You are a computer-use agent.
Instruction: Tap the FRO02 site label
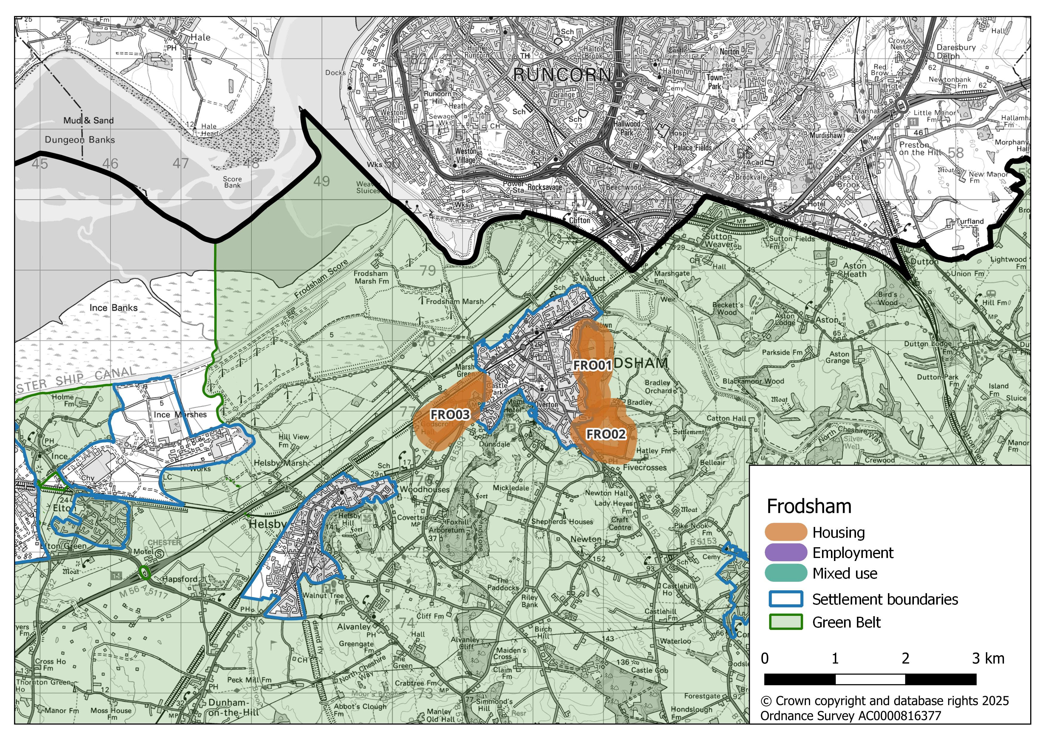[605, 434]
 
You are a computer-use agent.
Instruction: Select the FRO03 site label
[450, 414]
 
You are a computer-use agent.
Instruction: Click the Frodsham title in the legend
[809, 507]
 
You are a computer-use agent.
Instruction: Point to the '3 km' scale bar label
[988, 659]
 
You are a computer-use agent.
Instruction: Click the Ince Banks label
[113, 308]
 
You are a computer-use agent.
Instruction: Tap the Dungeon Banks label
[80, 140]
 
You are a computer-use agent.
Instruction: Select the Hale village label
[200, 37]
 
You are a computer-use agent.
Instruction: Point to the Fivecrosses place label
[645, 468]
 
